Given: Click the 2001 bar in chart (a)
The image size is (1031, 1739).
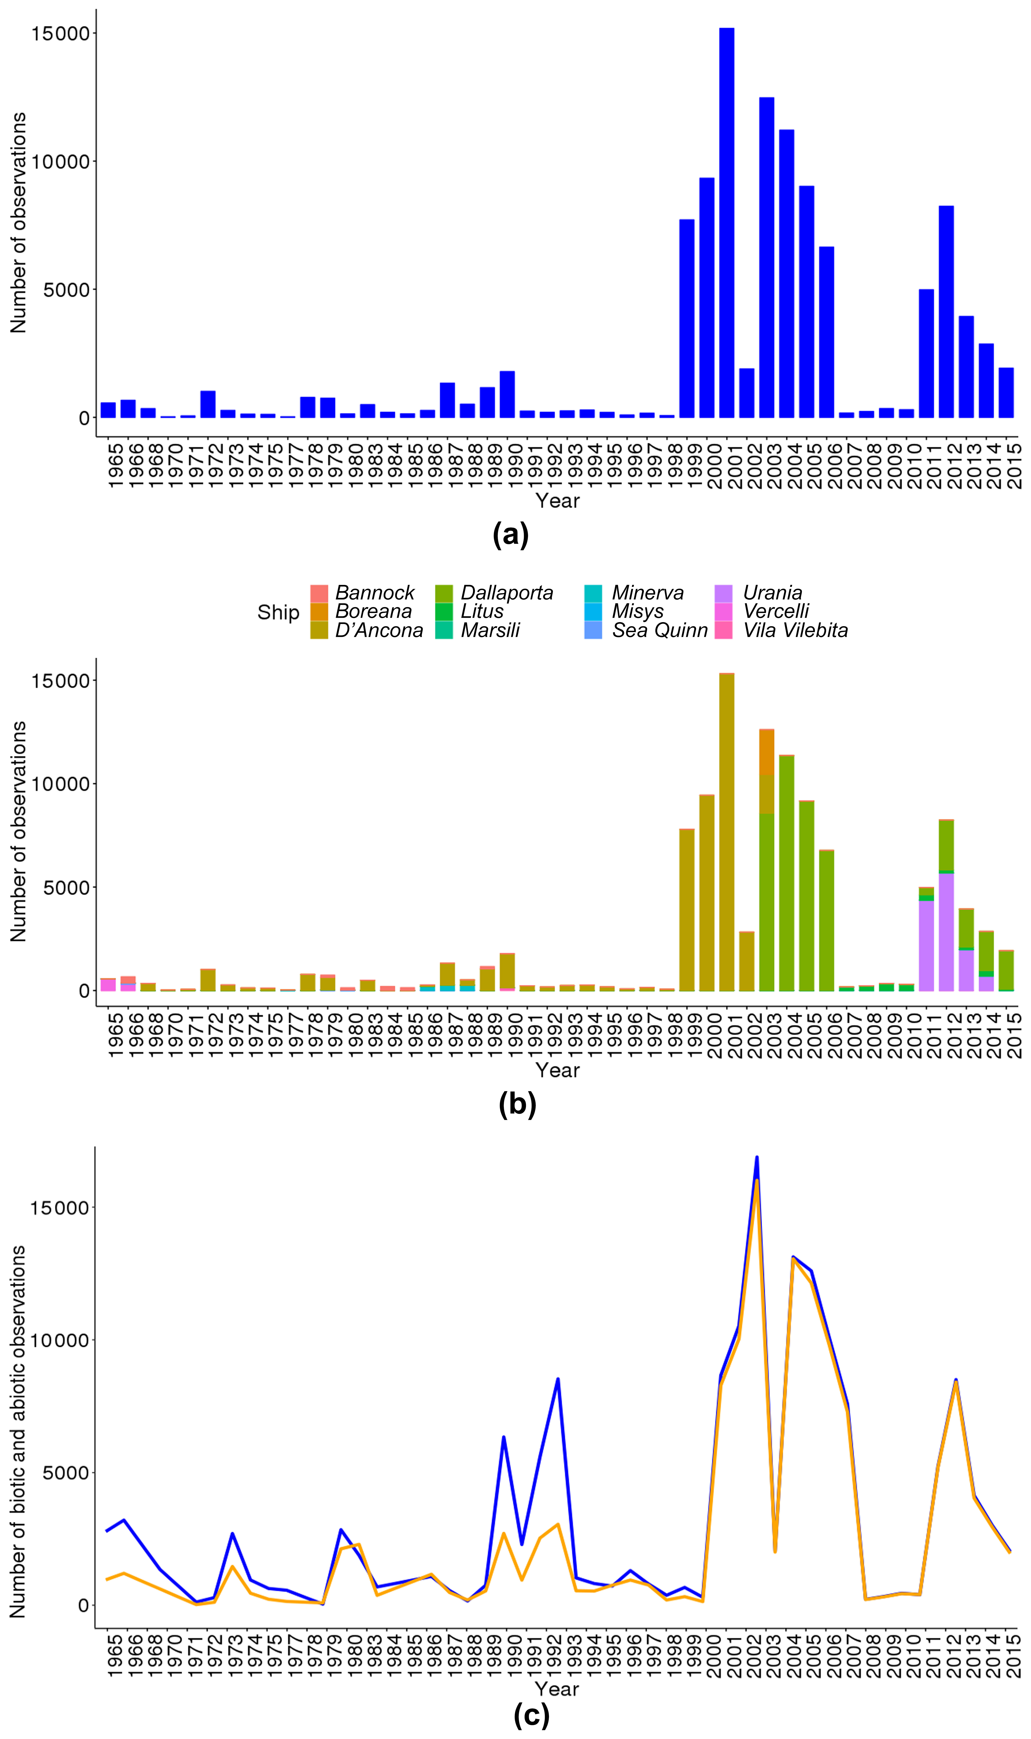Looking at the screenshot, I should pyautogui.click(x=727, y=222).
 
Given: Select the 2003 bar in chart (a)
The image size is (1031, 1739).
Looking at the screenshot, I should pyautogui.click(x=766, y=257).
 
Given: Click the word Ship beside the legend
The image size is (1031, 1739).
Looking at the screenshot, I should pyautogui.click(x=278, y=612).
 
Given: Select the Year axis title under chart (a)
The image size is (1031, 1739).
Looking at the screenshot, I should pyautogui.click(x=557, y=500).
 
